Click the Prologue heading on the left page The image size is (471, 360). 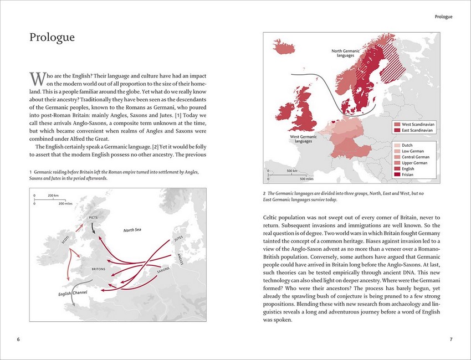[x=52, y=38]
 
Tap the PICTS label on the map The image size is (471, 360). [x=93, y=218]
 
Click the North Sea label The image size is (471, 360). [x=132, y=230]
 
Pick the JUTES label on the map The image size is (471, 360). [x=178, y=239]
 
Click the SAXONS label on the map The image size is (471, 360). [x=163, y=271]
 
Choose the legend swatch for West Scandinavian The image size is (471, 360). [x=397, y=125]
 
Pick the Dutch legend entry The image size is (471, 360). [x=407, y=145]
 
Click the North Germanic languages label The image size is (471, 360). [x=346, y=54]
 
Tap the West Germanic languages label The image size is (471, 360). [x=303, y=139]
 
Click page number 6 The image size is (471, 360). [x=19, y=340]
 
